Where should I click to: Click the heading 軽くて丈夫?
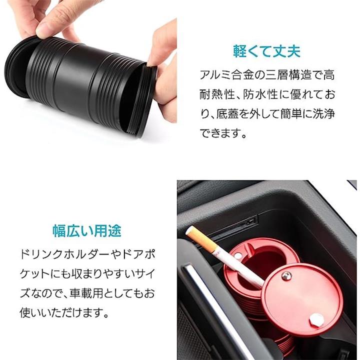pos(267,51)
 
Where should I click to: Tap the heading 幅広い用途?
pos(87,230)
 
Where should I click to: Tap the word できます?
pos(220,133)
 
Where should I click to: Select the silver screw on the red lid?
pos(286,275)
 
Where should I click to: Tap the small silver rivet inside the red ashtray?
pos(238,255)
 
